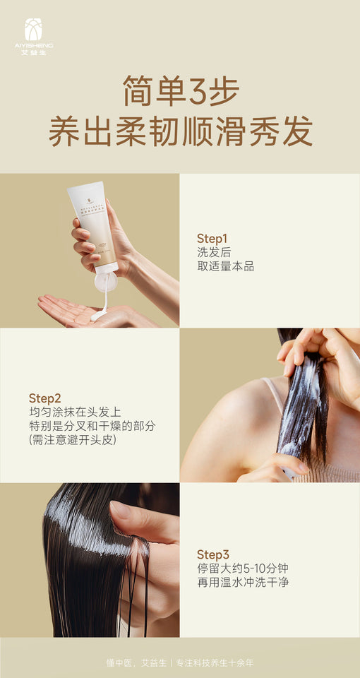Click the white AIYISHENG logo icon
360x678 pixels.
tap(33, 30)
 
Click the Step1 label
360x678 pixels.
tap(212, 238)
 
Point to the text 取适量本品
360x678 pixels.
tap(225, 266)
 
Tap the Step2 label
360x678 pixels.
tap(44, 398)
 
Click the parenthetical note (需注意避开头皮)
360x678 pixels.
tap(73, 440)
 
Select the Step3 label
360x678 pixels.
tap(212, 554)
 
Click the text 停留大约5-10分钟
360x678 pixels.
tap(242, 569)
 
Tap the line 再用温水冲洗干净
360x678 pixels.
tap(242, 583)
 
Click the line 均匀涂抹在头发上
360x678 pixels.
tap(76, 412)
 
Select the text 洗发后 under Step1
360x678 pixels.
tap(214, 252)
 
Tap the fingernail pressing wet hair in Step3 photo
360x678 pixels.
tap(120, 510)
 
